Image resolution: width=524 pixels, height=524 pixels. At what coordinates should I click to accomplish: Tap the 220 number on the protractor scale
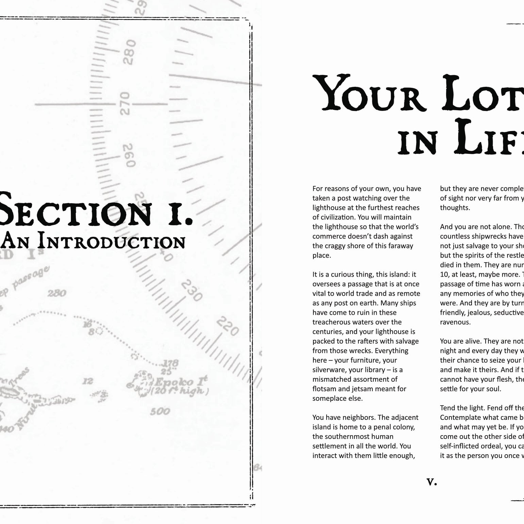(x=227, y=326)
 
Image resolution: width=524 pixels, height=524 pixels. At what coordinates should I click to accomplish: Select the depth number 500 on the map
(x=160, y=411)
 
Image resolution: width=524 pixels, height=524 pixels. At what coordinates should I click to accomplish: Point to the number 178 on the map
(x=170, y=363)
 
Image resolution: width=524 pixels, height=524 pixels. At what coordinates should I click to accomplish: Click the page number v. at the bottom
(x=431, y=481)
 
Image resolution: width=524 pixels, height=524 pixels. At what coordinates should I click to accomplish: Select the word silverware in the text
(x=329, y=370)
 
